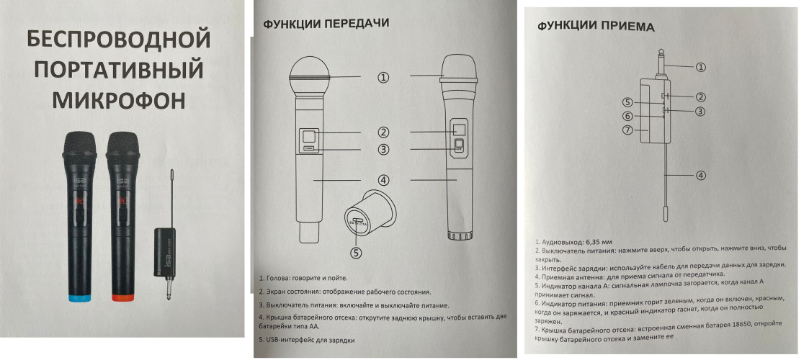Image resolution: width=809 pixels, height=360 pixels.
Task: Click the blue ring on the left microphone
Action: pos(79,296)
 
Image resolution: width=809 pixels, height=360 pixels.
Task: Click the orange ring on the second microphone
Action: pos(121,296)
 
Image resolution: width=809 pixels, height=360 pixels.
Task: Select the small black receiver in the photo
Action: pos(165,249)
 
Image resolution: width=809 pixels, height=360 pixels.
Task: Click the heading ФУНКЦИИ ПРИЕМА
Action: pos(596,27)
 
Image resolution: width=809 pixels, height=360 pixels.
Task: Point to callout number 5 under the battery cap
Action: pos(354,252)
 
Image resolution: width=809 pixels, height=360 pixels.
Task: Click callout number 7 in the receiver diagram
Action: pos(628,130)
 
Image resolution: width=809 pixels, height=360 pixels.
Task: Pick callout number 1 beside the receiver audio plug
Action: pos(700,67)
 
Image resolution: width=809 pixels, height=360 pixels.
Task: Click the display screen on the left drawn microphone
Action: pos(308,135)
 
